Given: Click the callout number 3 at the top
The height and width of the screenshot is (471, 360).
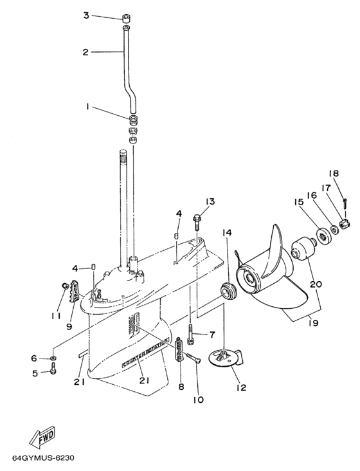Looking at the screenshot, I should (85, 15).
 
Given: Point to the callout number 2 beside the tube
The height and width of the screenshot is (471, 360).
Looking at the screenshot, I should (85, 52).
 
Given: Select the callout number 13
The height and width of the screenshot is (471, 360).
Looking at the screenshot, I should (209, 201).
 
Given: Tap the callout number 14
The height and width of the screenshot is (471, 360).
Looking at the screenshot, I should (226, 232).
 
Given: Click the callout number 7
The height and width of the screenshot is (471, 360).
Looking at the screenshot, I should (212, 335).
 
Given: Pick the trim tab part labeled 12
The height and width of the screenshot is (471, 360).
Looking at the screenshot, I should (225, 356).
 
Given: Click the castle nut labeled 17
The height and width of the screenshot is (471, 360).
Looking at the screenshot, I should (345, 223).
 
